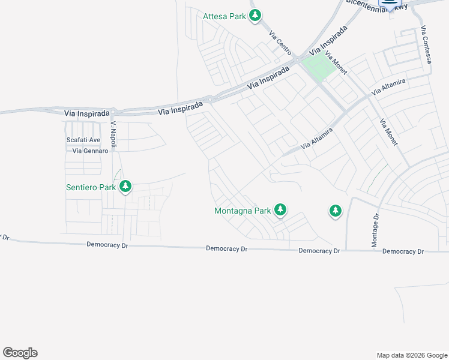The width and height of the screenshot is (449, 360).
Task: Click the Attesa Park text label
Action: click(x=224, y=16)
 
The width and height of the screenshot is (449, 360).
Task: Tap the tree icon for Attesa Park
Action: click(x=255, y=16)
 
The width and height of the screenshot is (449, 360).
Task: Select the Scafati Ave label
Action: click(x=83, y=140)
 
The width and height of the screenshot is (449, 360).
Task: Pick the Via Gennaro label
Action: click(x=90, y=151)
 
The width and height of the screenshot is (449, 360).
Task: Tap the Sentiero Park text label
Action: click(x=91, y=187)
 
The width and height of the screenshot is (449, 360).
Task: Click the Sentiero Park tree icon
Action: click(x=125, y=187)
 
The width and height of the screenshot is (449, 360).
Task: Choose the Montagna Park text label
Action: click(x=243, y=211)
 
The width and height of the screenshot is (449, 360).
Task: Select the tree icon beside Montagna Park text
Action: click(x=280, y=210)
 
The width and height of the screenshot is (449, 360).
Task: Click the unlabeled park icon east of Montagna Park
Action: click(x=335, y=211)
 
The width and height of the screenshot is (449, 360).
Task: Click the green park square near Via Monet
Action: click(x=318, y=65)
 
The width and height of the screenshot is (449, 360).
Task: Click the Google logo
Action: click(x=20, y=353)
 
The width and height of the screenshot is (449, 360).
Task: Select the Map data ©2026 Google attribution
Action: click(x=411, y=355)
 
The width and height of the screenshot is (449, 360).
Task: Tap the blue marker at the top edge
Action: click(x=390, y=5)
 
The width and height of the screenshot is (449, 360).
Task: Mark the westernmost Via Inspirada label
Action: click(x=87, y=113)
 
